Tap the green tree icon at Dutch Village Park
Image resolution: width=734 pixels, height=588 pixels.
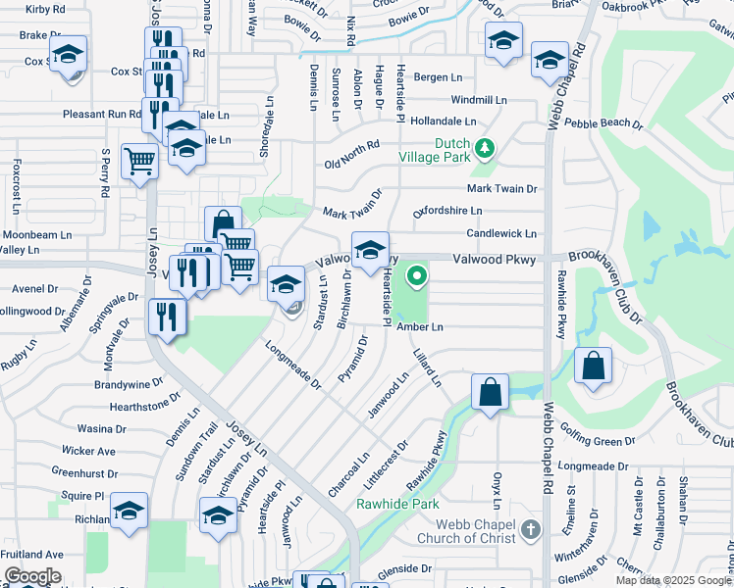pyautogui.click(x=484, y=148)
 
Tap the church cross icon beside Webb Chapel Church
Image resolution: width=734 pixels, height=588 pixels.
pyautogui.click(x=530, y=530)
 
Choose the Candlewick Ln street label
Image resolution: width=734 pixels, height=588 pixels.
pyautogui.click(x=501, y=234)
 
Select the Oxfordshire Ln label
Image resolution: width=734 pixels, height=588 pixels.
pyautogui.click(x=447, y=211)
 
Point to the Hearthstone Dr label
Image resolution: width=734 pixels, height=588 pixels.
pyautogui.click(x=132, y=405)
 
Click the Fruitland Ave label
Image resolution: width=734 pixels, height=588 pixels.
pyautogui.click(x=32, y=554)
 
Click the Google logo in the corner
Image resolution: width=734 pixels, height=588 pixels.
pyautogui.click(x=32, y=576)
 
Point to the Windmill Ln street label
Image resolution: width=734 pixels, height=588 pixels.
pyautogui.click(x=479, y=100)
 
